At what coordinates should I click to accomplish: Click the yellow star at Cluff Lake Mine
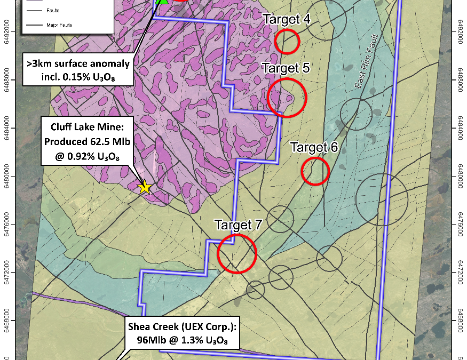click(144, 187)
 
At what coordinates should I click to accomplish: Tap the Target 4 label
click(286, 19)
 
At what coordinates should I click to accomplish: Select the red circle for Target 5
click(287, 98)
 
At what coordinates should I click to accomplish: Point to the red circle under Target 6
click(315, 171)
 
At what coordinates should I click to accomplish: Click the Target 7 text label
click(238, 225)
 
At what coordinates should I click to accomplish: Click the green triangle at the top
click(162, 1)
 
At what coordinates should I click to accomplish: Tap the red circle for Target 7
click(237, 254)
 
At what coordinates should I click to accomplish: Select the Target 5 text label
click(286, 69)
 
